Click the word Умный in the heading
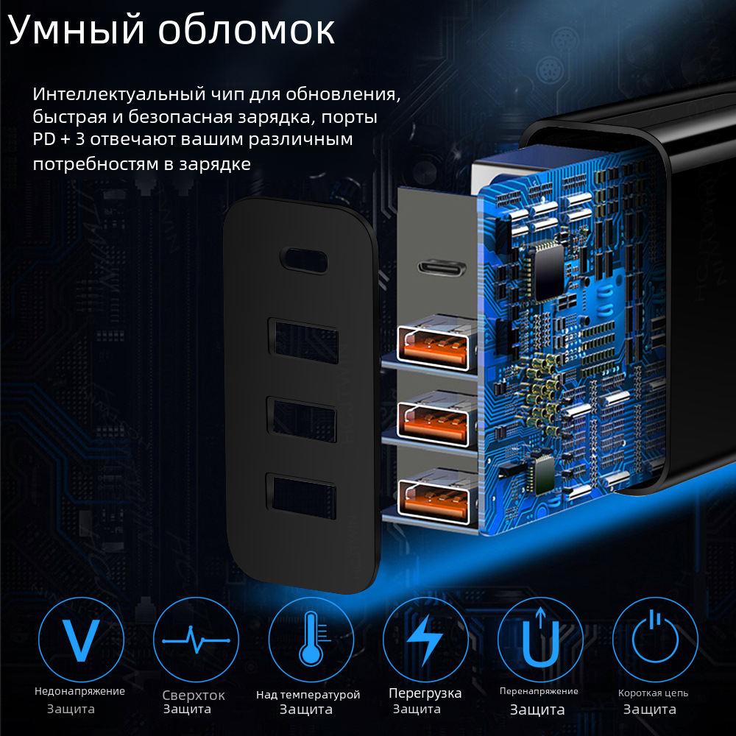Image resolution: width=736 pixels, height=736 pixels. (x=76, y=29)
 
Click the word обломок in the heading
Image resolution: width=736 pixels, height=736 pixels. (x=247, y=30)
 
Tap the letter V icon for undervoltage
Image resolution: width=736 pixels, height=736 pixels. (x=81, y=640)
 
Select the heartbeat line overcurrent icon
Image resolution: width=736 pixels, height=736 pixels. (x=196, y=640)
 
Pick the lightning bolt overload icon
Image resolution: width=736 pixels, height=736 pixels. (x=425, y=640)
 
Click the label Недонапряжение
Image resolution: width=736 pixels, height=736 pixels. (x=79, y=691)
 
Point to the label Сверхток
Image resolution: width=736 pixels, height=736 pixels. (x=194, y=696)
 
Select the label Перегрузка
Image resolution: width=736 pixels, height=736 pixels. (x=425, y=693)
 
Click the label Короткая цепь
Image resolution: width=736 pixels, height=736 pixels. (x=653, y=693)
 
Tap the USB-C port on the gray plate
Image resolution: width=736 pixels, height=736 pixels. (x=442, y=268)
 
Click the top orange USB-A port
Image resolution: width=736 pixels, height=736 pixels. (x=434, y=345)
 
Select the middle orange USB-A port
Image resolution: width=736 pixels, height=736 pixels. (x=434, y=422)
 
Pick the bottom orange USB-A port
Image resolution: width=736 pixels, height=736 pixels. (x=434, y=499)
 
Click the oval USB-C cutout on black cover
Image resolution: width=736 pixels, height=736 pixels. (x=304, y=260)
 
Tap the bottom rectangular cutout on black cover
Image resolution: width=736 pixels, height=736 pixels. (x=301, y=497)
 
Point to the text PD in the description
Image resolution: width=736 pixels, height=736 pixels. (x=44, y=139)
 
